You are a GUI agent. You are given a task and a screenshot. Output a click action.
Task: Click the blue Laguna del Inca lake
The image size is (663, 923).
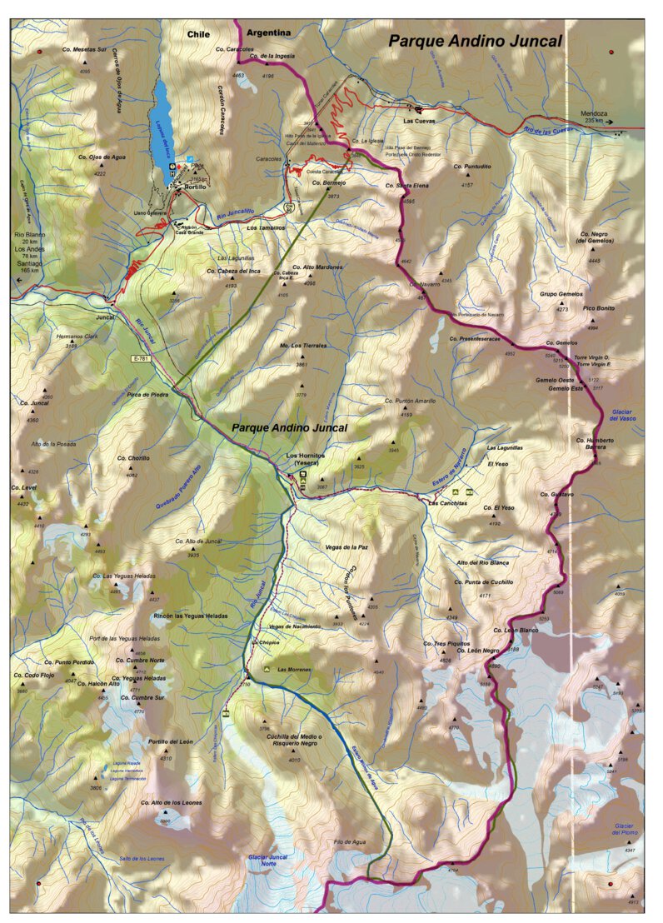click(x=163, y=122)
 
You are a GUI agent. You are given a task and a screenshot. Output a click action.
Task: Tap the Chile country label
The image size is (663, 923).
click(x=198, y=34)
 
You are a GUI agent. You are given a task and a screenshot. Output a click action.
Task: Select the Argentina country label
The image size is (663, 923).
click(x=271, y=32)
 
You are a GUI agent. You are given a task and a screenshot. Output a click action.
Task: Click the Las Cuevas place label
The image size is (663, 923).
click(x=420, y=122)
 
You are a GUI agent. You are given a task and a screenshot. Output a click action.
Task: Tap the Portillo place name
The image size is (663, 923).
click(x=195, y=187)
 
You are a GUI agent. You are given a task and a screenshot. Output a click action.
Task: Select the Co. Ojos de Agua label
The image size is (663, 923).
click(x=99, y=157)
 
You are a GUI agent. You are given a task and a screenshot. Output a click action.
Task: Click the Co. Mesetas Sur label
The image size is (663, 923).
click(x=85, y=50)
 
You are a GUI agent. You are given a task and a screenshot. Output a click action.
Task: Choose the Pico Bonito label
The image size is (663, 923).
click(x=599, y=308)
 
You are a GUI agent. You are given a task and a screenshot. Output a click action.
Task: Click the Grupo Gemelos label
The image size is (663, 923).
click(x=561, y=294)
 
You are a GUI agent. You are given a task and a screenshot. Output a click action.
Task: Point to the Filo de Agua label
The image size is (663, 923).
click(x=350, y=841)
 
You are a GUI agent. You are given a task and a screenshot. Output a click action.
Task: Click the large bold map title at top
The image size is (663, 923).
click(x=475, y=41)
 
